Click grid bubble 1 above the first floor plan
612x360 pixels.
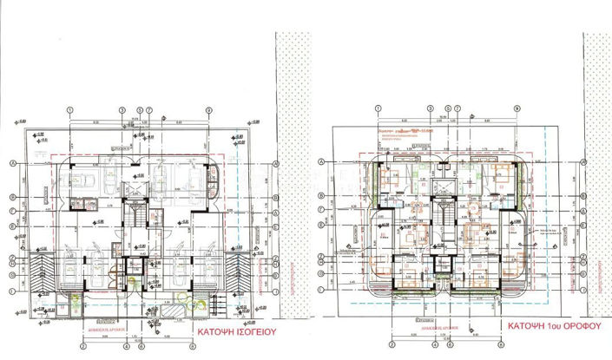pyautogui.click(x=378, y=108)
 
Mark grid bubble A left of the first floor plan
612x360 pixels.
pyautogui.click(x=324, y=161)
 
